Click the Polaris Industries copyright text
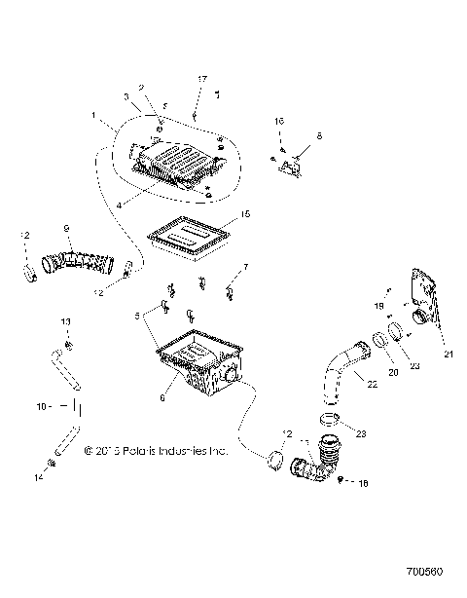click(156, 451)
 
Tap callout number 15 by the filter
click(245, 213)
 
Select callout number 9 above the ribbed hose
click(67, 227)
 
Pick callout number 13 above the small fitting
click(67, 320)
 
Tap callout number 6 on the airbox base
click(162, 398)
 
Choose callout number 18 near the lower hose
click(365, 482)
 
